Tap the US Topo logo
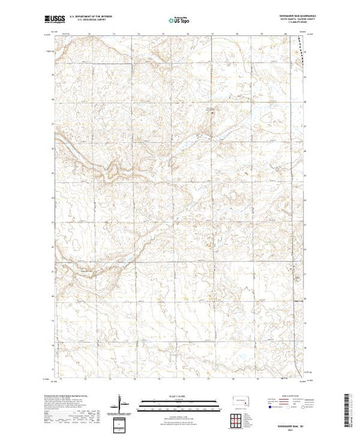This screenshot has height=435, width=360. click(180, 20)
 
